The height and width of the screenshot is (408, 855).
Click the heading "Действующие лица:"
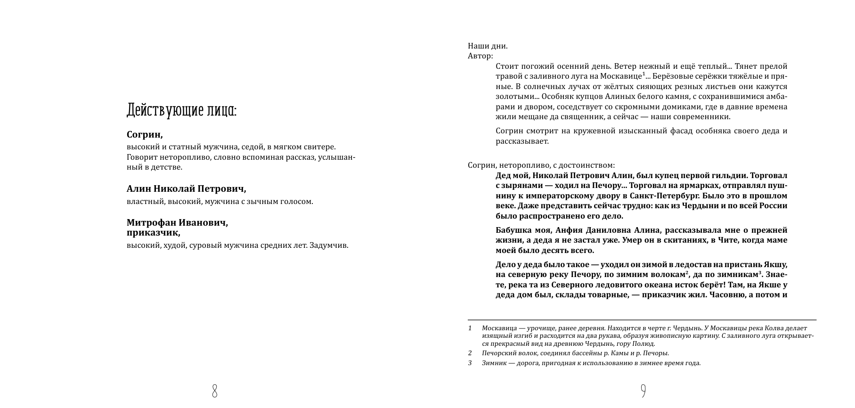181,110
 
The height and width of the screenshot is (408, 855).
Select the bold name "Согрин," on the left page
145,135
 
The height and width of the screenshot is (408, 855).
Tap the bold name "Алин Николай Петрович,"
186,189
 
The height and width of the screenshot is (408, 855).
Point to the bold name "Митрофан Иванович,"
177,223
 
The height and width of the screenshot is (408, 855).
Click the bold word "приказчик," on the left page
153,233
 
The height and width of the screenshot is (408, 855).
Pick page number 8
214,391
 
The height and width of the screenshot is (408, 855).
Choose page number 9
643,391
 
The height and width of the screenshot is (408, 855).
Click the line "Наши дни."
488,46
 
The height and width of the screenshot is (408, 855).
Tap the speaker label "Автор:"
480,56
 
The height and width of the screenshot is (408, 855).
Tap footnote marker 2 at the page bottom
470,353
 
